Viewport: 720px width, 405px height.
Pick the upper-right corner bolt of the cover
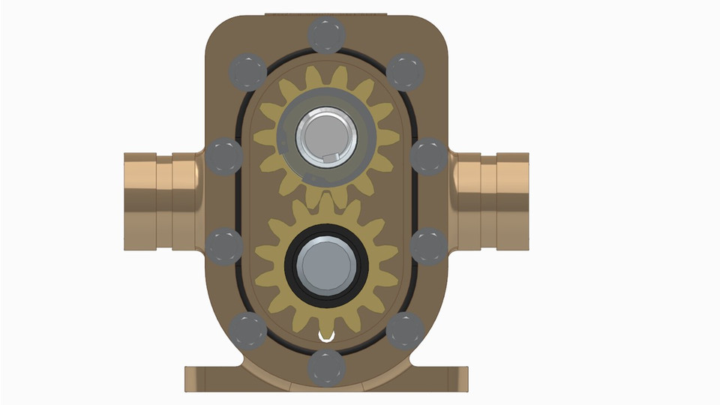[405, 72]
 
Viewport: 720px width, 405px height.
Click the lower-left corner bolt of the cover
[247, 331]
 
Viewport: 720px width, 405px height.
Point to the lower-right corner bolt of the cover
[405, 331]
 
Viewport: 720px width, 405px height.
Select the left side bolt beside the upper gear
[224, 157]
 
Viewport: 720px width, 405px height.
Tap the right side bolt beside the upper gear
[429, 157]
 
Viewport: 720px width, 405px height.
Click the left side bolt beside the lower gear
[224, 246]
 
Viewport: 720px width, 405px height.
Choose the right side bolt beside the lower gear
[430, 246]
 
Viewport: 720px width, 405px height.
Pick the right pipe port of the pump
[495, 201]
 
